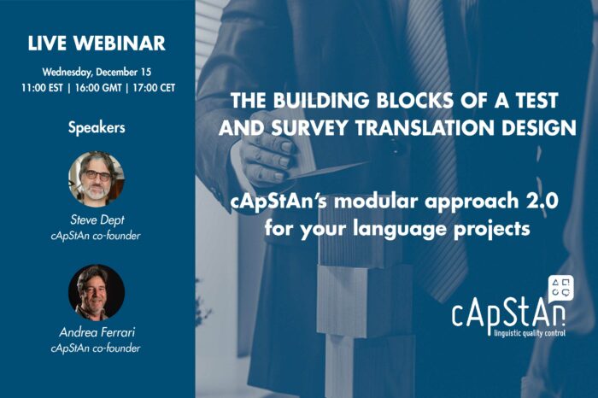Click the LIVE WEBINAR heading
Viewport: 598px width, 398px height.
97,43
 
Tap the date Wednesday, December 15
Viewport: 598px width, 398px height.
97,72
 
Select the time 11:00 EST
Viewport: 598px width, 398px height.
43,88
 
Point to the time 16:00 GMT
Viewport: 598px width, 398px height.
98,88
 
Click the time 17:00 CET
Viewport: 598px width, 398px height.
154,88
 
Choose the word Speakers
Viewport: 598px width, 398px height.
97,128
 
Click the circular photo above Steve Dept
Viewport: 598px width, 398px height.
97,179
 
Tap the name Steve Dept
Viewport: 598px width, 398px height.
97,220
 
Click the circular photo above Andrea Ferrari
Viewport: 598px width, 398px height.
97,292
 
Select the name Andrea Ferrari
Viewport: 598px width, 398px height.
97,332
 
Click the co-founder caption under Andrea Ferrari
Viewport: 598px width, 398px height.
96,348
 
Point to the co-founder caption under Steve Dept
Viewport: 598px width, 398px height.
96,236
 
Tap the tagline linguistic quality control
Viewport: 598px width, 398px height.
530,333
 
